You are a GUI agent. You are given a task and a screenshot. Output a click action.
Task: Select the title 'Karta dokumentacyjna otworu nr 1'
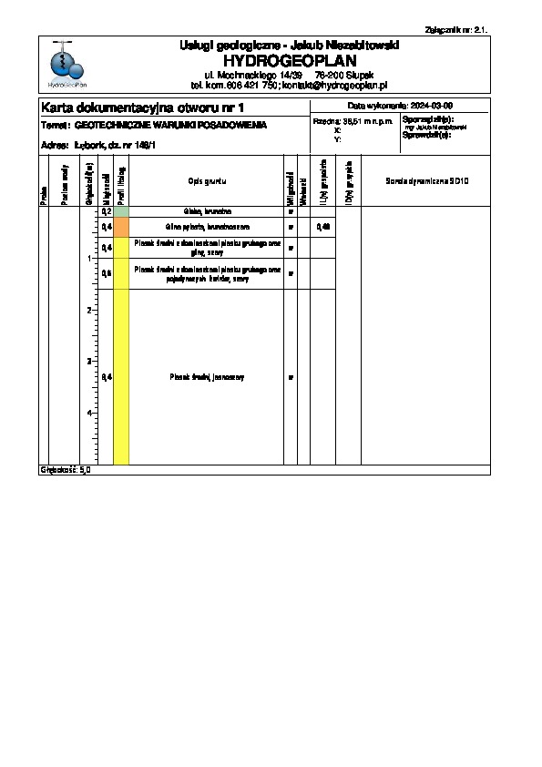tap(144, 107)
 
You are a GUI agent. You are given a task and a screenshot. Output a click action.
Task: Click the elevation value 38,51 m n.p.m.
tap(354, 120)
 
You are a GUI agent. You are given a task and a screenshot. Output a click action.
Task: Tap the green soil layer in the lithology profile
tap(121, 210)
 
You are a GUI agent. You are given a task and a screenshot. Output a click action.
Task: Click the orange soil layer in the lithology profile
tap(121, 227)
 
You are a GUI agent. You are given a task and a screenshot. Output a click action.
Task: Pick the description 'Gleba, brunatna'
tap(206, 210)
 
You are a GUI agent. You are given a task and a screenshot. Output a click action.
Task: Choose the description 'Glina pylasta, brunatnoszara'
tap(207, 226)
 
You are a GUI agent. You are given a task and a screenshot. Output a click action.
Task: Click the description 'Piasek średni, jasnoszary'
tap(207, 377)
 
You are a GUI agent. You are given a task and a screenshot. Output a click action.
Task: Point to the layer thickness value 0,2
tap(107, 210)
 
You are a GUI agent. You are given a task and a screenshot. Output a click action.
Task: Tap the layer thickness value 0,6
tap(107, 272)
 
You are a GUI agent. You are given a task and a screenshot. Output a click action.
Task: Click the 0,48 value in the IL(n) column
tap(322, 226)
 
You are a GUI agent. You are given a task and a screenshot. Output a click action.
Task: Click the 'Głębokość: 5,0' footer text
tap(66, 470)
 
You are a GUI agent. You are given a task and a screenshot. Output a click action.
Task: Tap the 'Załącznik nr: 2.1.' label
tap(457, 28)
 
